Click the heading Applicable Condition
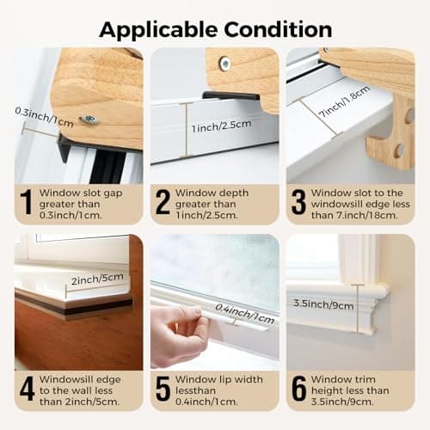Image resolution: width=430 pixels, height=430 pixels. point(215,28)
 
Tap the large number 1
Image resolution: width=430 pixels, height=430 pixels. point(26,202)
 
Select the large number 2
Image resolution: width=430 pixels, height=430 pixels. point(163,202)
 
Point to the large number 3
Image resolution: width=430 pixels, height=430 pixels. point(298,202)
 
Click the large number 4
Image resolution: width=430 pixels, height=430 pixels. point(27,388)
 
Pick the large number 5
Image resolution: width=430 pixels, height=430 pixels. point(163,388)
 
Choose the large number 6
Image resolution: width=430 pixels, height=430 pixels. point(298,388)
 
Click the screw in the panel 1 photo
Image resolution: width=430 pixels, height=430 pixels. point(89,120)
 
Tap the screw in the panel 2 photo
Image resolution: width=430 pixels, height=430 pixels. point(224,63)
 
